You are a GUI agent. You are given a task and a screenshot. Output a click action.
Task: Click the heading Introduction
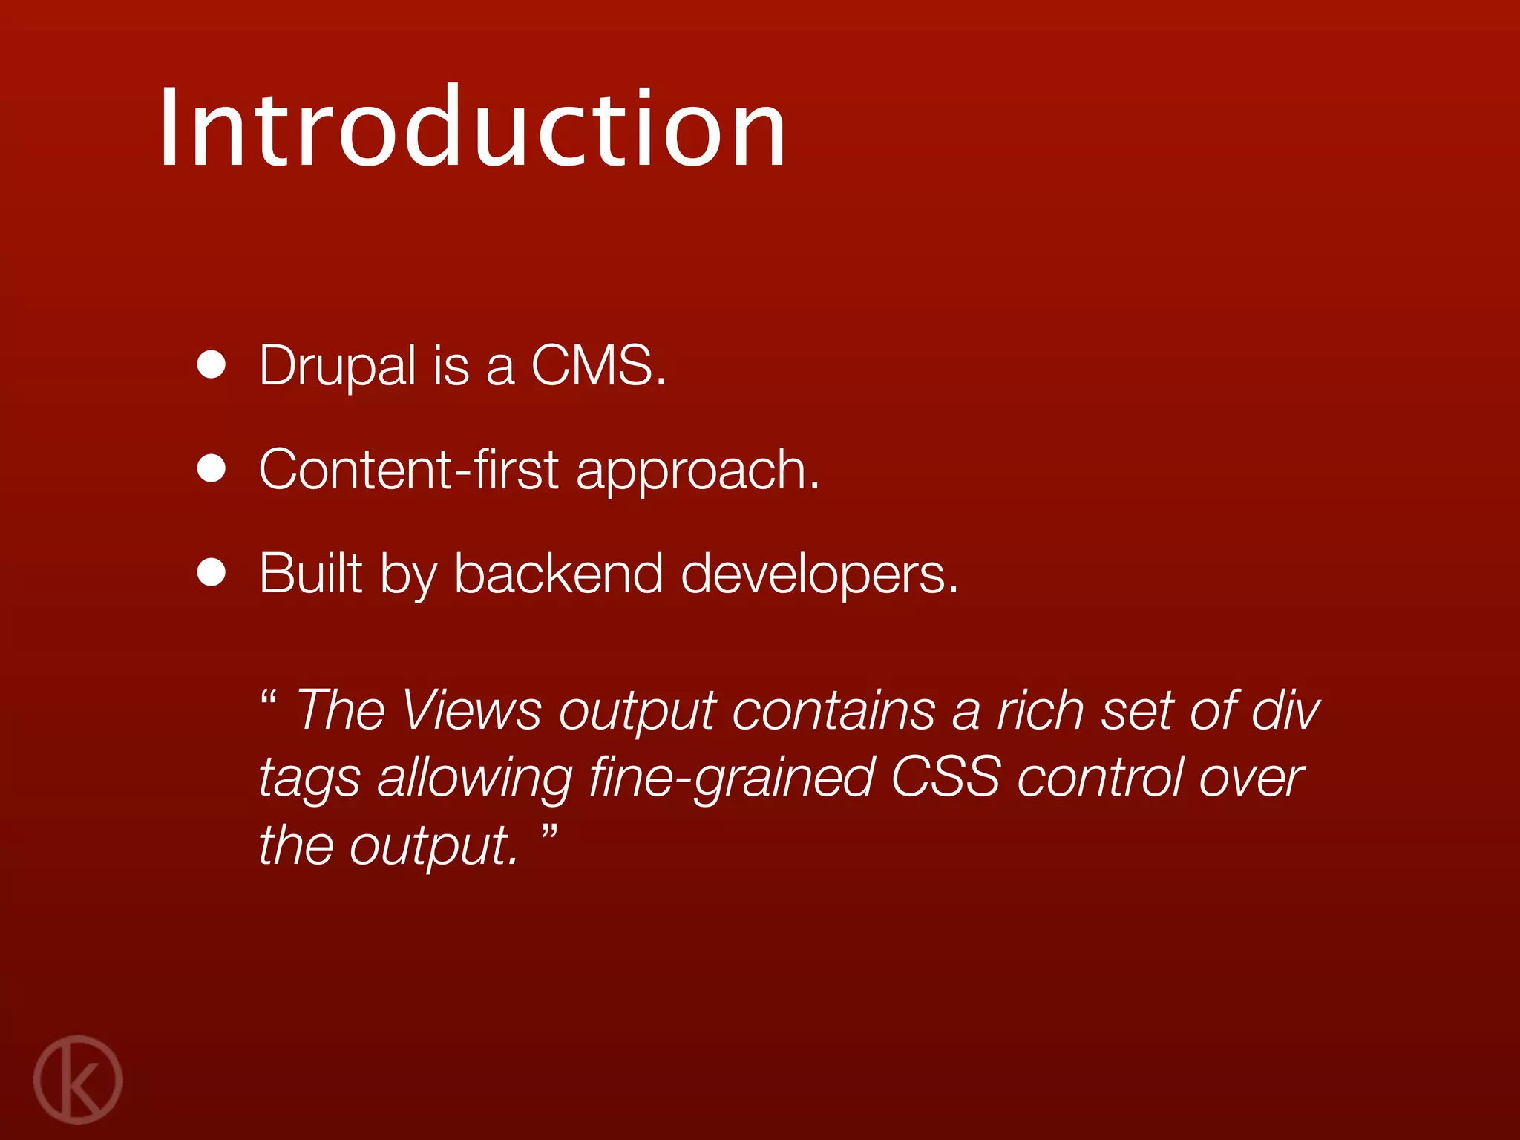pyautogui.click(x=472, y=128)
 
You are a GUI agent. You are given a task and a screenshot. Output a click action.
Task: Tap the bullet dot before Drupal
pyautogui.click(x=212, y=365)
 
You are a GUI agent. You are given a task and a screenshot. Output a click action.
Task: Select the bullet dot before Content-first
pyautogui.click(x=212, y=469)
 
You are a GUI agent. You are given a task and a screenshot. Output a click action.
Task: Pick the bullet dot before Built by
pyautogui.click(x=212, y=573)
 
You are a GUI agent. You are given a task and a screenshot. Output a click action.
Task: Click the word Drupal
pyautogui.click(x=337, y=367)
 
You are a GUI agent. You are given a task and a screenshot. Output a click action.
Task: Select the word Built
pyautogui.click(x=310, y=573)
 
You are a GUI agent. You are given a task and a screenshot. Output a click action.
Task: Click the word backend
pyautogui.click(x=557, y=573)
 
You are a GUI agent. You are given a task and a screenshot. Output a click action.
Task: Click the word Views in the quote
pyautogui.click(x=472, y=710)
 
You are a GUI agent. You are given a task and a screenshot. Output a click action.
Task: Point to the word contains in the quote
pyautogui.click(x=833, y=710)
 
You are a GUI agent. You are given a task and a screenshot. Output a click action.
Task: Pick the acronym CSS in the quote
pyautogui.click(x=945, y=777)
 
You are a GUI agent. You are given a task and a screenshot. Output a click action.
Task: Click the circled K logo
pyautogui.click(x=78, y=1079)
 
